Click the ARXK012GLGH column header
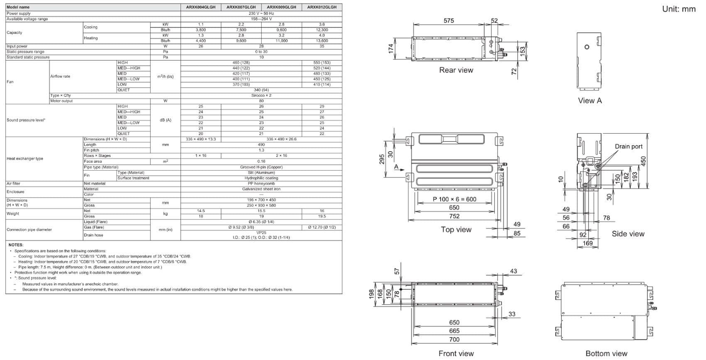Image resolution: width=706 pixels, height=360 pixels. [322, 7]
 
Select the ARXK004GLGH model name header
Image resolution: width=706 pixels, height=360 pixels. [201, 7]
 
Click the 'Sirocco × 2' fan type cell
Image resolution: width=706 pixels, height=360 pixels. [261, 96]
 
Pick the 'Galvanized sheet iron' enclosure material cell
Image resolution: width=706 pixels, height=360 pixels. [261, 189]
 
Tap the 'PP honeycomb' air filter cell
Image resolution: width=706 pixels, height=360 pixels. [261, 184]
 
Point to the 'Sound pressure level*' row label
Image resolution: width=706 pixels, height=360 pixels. [26, 120]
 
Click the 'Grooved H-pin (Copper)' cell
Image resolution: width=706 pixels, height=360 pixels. [261, 167]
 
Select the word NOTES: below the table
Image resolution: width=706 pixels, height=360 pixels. [16, 245]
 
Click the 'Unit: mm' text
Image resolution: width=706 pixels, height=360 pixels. [679, 9]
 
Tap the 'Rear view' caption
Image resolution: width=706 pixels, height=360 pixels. [456, 70]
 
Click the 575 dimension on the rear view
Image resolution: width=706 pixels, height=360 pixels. [449, 20]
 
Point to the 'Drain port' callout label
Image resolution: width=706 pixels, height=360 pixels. [628, 147]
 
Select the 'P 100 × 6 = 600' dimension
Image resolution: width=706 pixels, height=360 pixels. [454, 199]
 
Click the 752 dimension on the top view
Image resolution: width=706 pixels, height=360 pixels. [454, 216]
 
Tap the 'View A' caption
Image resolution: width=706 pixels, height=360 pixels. [590, 100]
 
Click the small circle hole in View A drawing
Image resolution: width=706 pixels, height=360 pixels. [587, 47]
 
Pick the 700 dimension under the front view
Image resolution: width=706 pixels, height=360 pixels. [454, 340]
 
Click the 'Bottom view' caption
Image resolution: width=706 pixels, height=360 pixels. [606, 354]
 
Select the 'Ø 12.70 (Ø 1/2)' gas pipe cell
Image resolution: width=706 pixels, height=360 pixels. [322, 228]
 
